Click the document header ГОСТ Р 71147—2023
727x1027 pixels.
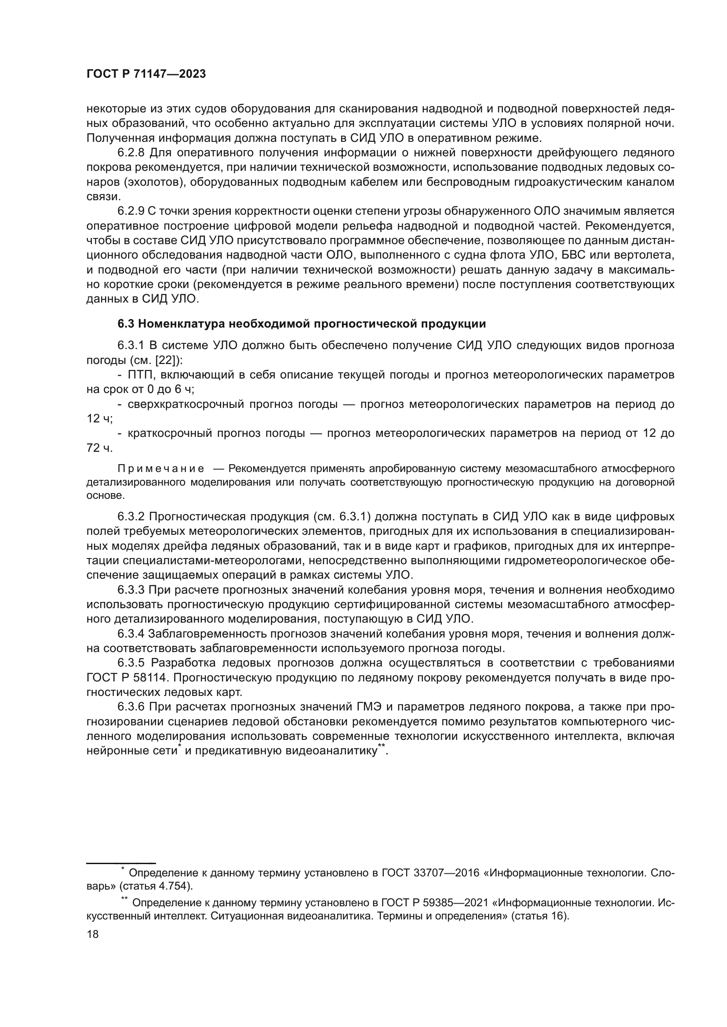[x=146, y=74]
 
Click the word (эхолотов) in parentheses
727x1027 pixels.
[x=153, y=182]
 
